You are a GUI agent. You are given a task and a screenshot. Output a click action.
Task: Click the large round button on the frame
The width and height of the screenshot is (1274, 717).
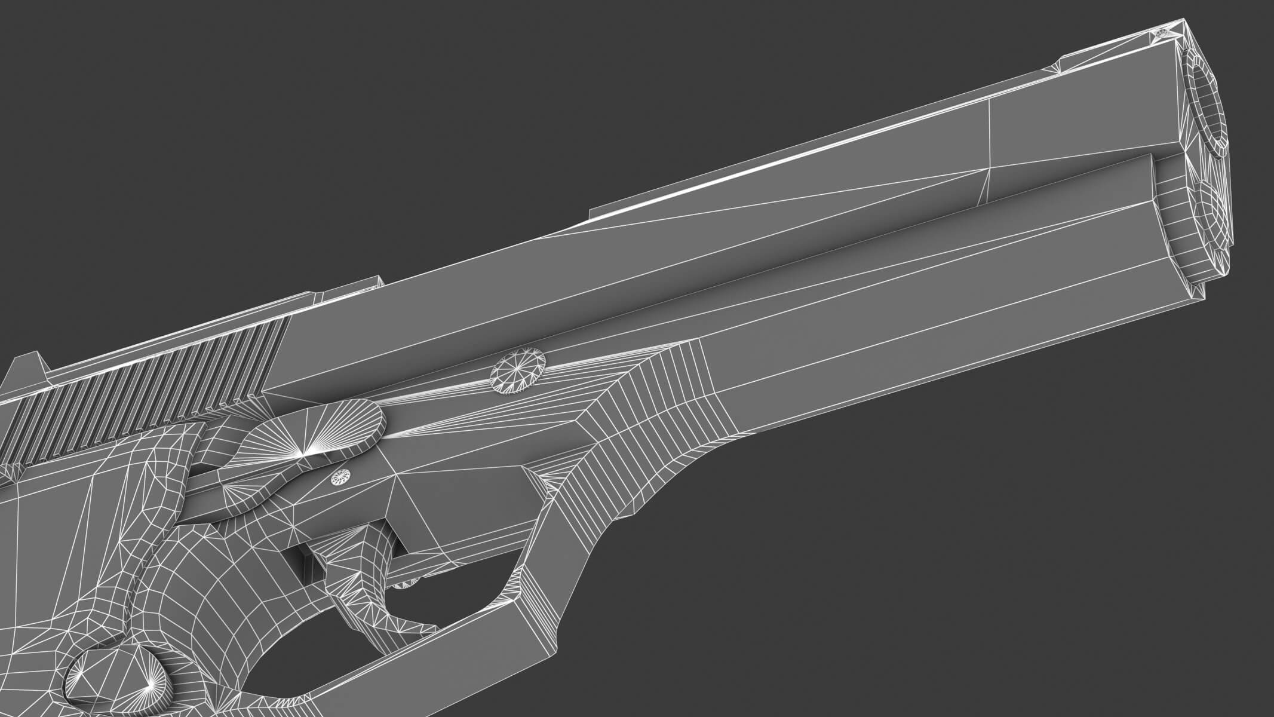518,372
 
